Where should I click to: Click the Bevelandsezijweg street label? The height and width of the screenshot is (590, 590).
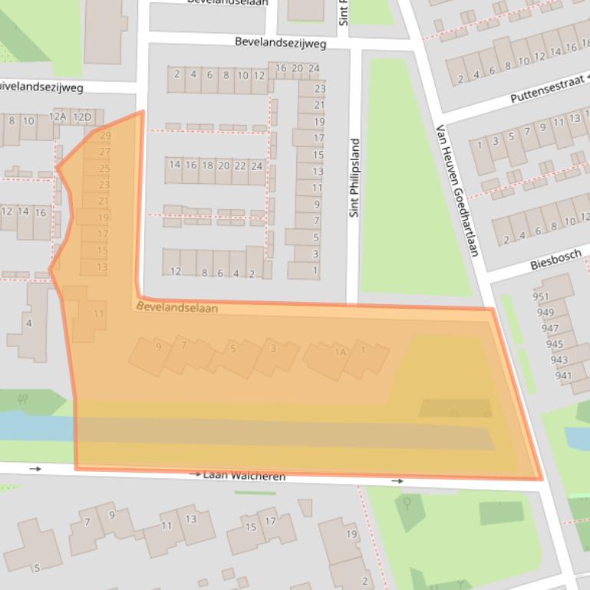pos(280,43)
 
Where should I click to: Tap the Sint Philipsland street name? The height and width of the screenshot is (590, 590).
pos(354,178)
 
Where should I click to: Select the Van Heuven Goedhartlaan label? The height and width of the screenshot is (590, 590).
pos(458,190)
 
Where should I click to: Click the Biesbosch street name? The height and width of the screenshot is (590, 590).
pos(555,260)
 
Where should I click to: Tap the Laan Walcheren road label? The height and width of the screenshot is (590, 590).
pos(244,476)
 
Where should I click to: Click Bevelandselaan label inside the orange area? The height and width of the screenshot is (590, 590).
pos(177,307)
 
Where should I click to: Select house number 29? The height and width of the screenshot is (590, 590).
pos(104,136)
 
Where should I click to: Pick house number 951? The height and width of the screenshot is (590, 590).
pos(542,297)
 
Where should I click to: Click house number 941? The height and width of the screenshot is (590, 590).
pos(563,375)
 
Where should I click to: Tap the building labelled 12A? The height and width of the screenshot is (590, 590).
pos(58,116)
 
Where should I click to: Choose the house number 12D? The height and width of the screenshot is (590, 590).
pos(82,117)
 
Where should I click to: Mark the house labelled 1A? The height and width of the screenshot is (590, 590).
pos(341,352)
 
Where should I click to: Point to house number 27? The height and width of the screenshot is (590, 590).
pos(104,152)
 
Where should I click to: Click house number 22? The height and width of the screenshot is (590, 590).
pos(239,166)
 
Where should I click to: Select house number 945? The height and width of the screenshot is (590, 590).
pos(554,344)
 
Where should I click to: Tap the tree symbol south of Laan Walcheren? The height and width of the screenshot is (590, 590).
pos(407,504)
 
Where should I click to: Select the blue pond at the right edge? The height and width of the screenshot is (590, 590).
pos(577,437)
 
